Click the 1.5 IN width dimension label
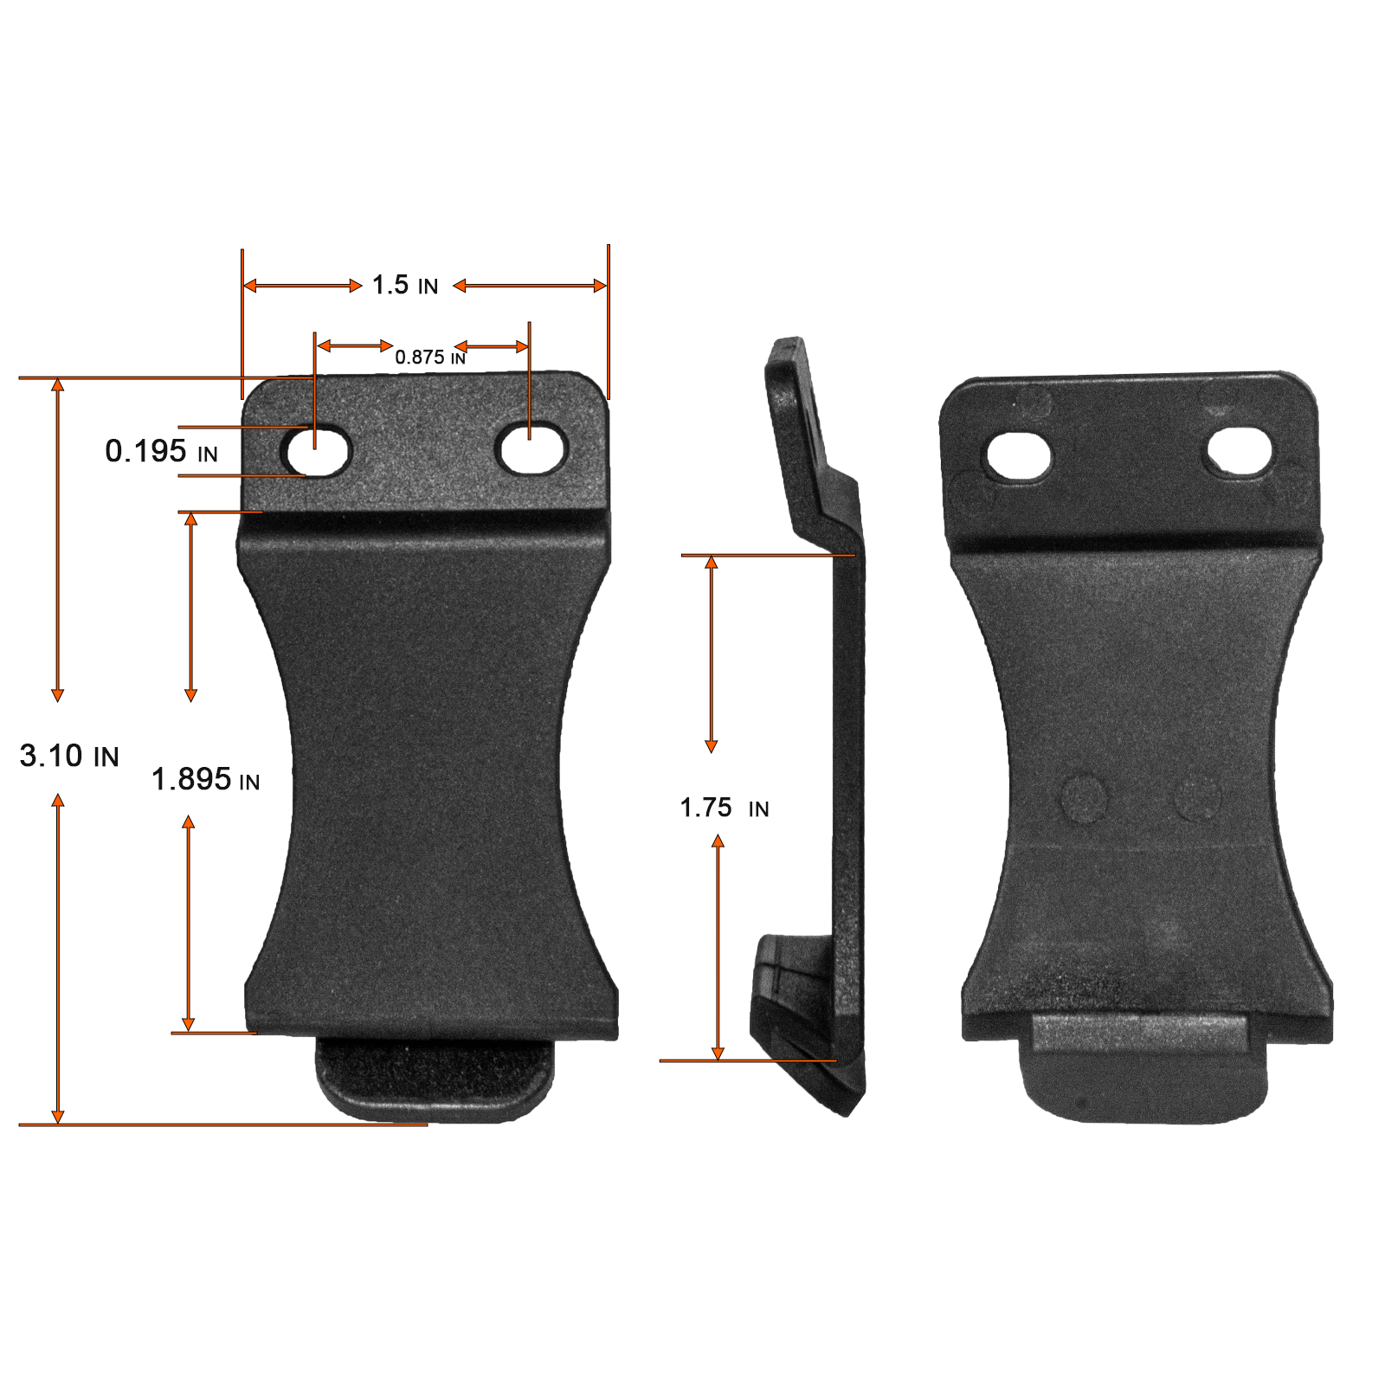[x=405, y=285]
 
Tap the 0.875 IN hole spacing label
[x=430, y=357]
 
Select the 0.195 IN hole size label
[x=161, y=451]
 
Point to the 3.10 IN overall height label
[x=69, y=756]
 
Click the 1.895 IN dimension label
[x=206, y=779]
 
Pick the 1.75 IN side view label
[x=725, y=808]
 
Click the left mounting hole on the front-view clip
[x=316, y=450]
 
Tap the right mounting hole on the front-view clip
[x=531, y=448]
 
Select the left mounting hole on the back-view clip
[x=1018, y=456]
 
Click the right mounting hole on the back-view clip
[x=1239, y=451]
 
